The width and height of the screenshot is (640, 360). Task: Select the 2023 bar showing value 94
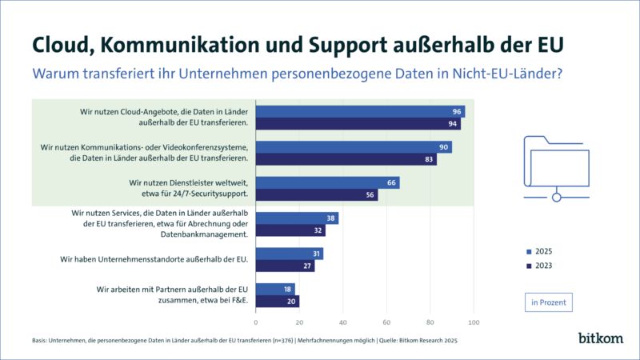358,124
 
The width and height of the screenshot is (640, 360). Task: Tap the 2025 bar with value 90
354,147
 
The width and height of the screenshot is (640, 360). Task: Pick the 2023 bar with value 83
346,159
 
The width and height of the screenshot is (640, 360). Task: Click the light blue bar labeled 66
327,183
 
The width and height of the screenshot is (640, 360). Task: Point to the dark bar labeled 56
317,195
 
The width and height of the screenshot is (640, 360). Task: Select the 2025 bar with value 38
297,218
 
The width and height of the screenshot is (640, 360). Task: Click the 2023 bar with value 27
285,266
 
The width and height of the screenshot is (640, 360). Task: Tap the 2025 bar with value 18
275,289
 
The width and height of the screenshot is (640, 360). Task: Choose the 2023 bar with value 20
278,301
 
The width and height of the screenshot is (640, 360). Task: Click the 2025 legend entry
540,251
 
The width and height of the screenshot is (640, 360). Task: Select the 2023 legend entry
540,266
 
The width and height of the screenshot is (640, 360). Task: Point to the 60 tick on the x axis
386,322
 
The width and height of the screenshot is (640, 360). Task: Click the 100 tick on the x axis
473,322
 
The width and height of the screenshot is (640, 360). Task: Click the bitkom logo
600,338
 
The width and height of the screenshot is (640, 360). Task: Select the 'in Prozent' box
548,302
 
